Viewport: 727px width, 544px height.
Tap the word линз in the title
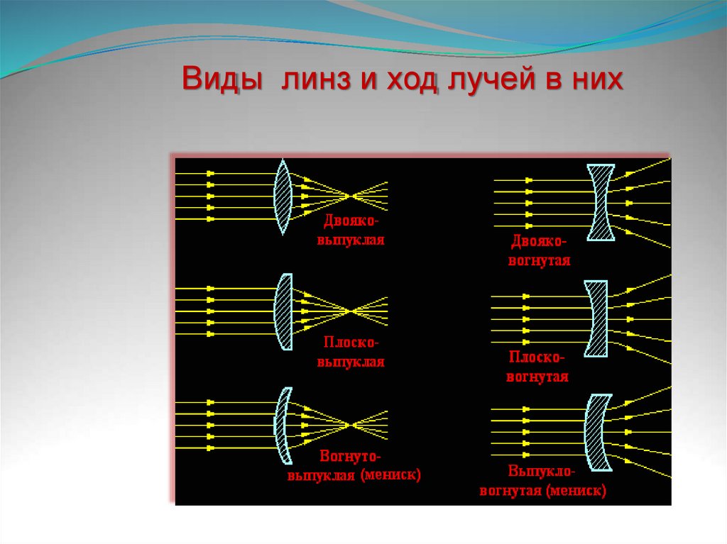[312, 79]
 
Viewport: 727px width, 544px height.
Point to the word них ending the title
[595, 79]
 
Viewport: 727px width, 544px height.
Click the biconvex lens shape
[283, 196]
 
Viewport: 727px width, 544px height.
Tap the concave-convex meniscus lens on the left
[283, 425]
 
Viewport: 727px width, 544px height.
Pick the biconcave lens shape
[600, 202]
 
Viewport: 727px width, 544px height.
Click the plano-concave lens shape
[596, 318]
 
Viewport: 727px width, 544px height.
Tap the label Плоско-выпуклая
[351, 353]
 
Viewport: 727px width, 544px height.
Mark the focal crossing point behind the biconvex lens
[349, 195]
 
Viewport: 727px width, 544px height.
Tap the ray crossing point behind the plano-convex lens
[349, 311]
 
